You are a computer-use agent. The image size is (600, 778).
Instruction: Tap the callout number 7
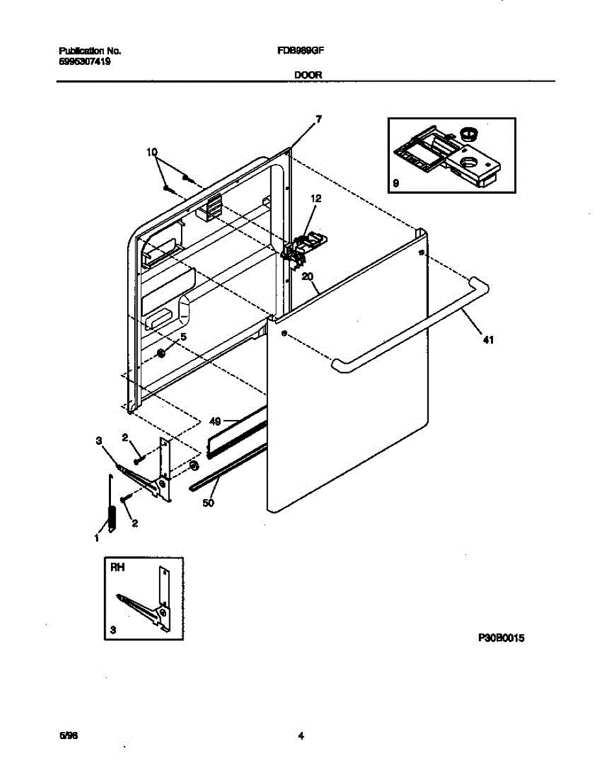(x=318, y=119)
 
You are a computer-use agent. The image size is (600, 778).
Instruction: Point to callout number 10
(x=152, y=152)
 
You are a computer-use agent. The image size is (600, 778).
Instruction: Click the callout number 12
(x=315, y=198)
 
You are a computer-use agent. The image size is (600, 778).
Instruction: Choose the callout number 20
(x=308, y=276)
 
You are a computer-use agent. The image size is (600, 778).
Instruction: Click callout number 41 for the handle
(x=488, y=338)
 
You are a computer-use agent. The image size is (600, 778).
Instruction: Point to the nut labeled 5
(x=161, y=353)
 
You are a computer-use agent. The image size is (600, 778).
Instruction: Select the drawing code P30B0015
(x=500, y=639)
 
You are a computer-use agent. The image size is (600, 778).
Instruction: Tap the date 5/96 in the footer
(x=66, y=736)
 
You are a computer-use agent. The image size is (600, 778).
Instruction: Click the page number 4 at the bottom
(x=301, y=736)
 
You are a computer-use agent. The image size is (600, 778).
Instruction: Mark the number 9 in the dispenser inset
(x=396, y=184)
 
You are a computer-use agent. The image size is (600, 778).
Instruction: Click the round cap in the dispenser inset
(x=468, y=134)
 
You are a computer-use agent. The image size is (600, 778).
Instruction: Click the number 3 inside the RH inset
(x=114, y=630)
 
